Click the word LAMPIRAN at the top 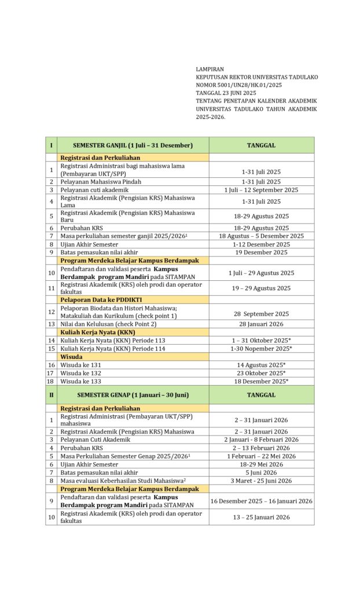210,69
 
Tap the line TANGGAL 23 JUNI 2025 226,93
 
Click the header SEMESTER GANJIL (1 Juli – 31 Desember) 133,145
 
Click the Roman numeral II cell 52,395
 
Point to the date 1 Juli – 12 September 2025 261,190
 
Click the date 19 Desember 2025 261,252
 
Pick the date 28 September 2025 261,313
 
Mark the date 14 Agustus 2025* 261,365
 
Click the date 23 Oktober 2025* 261,373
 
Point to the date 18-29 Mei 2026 261,464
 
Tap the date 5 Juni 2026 261,473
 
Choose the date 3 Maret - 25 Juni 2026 261,481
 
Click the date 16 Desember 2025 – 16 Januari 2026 261,501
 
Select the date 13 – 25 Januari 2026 261,517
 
